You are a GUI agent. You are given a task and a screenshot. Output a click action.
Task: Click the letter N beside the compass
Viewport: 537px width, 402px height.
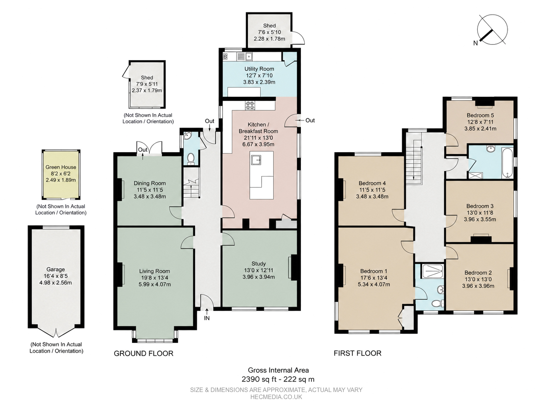475,43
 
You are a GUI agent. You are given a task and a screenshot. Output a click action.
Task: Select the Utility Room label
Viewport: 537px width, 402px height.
259,69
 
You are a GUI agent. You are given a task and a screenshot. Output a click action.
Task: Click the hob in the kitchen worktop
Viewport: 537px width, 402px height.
250,105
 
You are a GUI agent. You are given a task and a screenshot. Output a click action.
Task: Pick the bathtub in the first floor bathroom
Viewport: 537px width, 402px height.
507,163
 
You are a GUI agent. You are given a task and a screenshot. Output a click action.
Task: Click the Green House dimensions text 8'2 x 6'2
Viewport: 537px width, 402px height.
61,174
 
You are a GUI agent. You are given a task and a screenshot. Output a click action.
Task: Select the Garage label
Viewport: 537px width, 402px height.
56,269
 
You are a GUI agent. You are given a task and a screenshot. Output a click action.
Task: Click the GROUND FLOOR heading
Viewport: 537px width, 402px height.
144,353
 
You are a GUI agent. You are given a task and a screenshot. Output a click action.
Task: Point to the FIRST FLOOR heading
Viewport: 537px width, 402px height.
357,353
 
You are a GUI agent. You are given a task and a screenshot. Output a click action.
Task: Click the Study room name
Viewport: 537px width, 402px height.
259,263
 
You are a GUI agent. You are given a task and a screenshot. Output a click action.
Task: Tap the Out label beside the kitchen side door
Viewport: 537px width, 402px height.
310,120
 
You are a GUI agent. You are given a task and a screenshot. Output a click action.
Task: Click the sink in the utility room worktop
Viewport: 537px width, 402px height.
249,57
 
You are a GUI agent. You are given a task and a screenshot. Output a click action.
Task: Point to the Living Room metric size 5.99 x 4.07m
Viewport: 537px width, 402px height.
155,285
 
